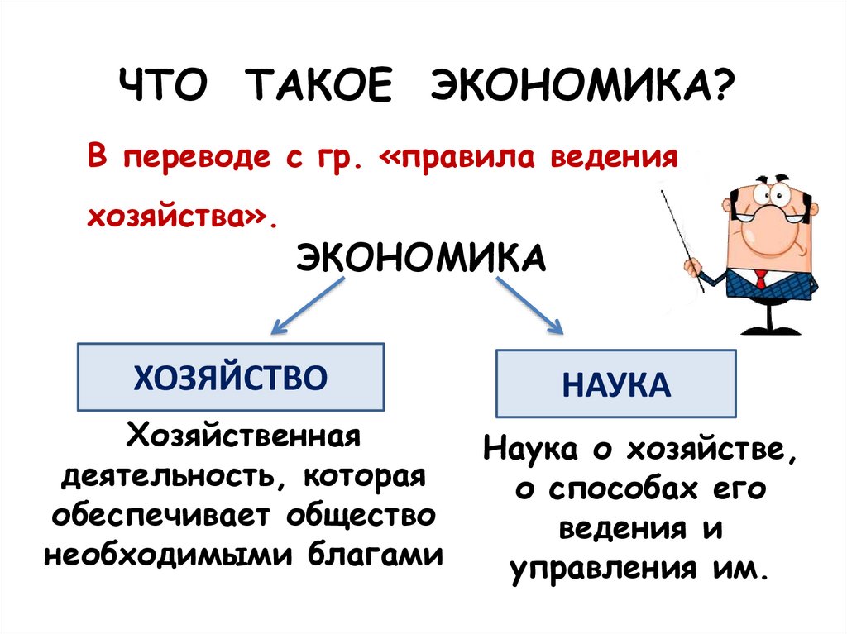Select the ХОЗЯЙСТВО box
(x=231, y=377)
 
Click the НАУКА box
(x=615, y=384)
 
